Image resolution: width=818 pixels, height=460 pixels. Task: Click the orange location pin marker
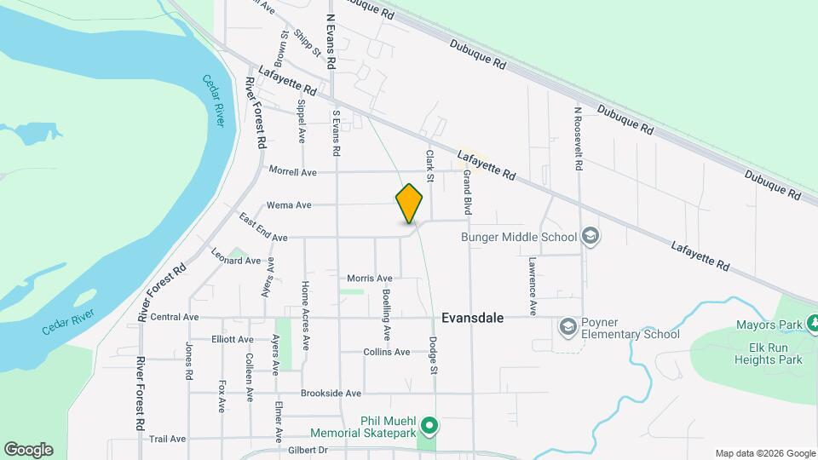pyautogui.click(x=409, y=204)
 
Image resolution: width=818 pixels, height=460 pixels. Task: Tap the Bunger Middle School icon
pyautogui.click(x=590, y=237)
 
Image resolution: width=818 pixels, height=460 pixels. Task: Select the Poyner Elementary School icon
pyautogui.click(x=567, y=326)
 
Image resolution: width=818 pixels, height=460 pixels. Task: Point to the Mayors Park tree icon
pyautogui.click(x=813, y=325)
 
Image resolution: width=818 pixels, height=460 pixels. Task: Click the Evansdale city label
pyautogui.click(x=473, y=318)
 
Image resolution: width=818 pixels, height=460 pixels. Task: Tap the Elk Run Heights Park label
pyautogui.click(x=769, y=354)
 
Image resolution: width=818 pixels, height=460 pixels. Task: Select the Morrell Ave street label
pyautogui.click(x=292, y=172)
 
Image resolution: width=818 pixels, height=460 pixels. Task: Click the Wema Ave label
pyautogui.click(x=289, y=205)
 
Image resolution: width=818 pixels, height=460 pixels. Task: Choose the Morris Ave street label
pyautogui.click(x=370, y=279)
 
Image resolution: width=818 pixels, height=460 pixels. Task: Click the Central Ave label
pyautogui.click(x=174, y=317)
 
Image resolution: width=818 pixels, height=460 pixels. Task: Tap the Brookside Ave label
pyautogui.click(x=331, y=394)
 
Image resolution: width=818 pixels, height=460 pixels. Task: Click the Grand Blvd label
pyautogui.click(x=467, y=192)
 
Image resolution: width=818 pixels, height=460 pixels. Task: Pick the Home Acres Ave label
pyautogui.click(x=304, y=306)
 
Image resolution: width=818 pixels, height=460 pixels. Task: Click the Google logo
pyautogui.click(x=28, y=450)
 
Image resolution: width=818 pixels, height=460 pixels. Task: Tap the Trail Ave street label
pyautogui.click(x=167, y=439)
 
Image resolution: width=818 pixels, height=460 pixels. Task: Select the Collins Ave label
pyautogui.click(x=387, y=352)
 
